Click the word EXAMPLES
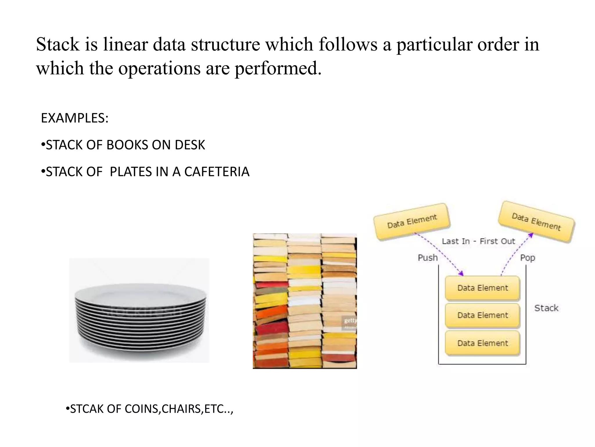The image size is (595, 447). click(74, 118)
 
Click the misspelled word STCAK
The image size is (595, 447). click(87, 409)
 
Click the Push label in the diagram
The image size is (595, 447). click(427, 258)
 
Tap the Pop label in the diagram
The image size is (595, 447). click(527, 258)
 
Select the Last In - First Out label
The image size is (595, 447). click(478, 241)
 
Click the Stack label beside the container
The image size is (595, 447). click(546, 308)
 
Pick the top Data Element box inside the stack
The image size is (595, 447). click(482, 288)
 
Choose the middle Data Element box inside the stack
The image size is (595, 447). click(482, 315)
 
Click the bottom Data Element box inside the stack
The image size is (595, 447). click(482, 343)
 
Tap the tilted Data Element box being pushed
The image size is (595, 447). click(412, 221)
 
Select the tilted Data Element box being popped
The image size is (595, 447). click(536, 221)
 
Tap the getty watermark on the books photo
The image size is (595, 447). click(350, 320)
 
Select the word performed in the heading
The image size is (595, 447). click(278, 68)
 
